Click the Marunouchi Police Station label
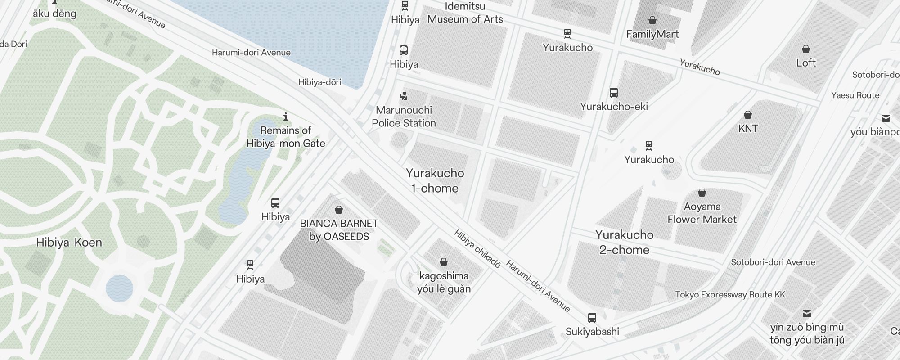pos(404,117)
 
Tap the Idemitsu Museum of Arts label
pos(465,13)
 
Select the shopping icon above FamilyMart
pos(652,20)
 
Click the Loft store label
pos(805,63)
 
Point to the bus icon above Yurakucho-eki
pos(613,93)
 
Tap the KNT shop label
pos(748,128)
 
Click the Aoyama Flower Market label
pos(702,213)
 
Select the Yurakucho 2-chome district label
pos(624,242)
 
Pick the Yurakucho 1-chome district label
pos(435,180)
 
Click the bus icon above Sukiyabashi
pos(592,318)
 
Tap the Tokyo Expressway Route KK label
pos(730,295)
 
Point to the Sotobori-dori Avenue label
pos(773,262)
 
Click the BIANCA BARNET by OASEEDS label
pos(339,230)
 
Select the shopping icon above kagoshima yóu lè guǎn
pos(443,262)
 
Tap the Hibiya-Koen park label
pos(69,243)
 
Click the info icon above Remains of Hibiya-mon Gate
pos(285,117)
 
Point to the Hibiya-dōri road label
pos(319,82)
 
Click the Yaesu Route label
pos(855,95)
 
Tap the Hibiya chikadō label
pos(477,249)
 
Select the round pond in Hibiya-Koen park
pos(119,288)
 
